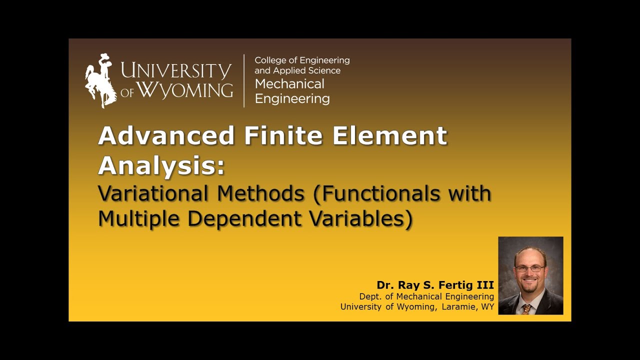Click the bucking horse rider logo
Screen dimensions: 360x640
[100, 80]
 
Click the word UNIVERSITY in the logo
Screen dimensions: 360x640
[176, 71]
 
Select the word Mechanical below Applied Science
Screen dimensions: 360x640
[289, 84]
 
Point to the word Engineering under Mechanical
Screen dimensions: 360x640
[292, 98]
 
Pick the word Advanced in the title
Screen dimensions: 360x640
[166, 135]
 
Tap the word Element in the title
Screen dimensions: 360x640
[389, 135]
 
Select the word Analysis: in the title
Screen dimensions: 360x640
[161, 165]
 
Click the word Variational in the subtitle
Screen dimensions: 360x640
[152, 193]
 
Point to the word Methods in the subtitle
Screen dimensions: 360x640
[259, 193]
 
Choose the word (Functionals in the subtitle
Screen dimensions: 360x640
[376, 193]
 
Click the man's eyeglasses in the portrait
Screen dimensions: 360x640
[530, 268]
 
